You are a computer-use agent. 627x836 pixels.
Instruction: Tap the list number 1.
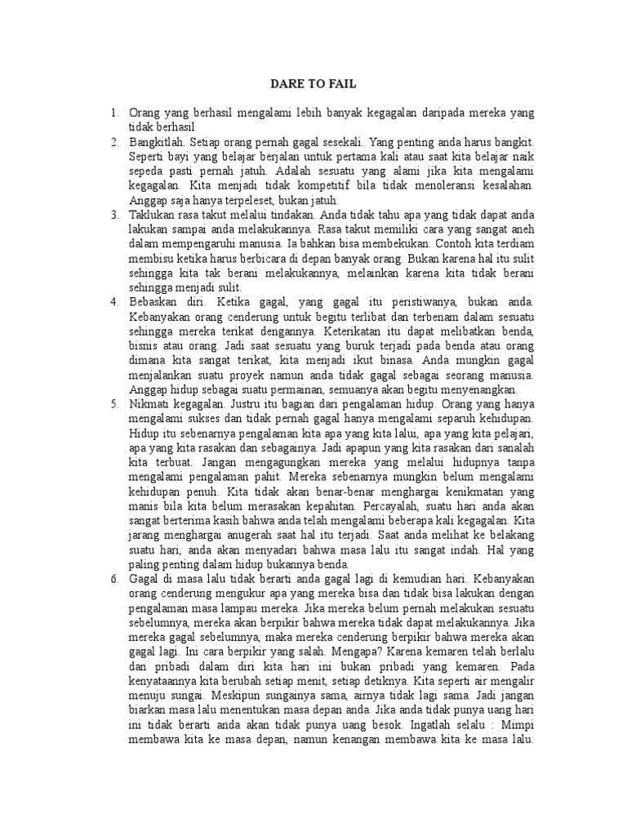[x=114, y=113]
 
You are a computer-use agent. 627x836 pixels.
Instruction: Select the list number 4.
[x=114, y=300]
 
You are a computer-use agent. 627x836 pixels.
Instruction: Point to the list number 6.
[x=114, y=577]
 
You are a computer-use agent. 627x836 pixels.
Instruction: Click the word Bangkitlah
[x=156, y=140]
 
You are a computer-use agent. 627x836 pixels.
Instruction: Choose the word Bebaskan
[x=153, y=300]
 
